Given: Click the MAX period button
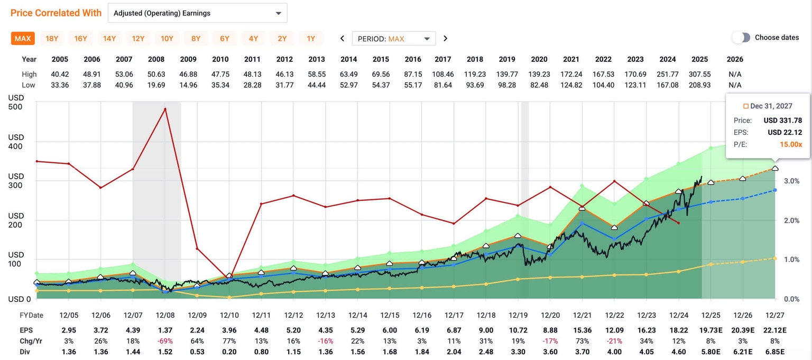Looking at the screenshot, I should pos(23,39).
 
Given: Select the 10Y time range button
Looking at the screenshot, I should pos(167,39).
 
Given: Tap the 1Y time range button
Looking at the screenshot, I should pos(311,39).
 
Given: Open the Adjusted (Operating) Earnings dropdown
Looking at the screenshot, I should pos(197,13).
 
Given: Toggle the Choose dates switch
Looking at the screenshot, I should pos(741,38).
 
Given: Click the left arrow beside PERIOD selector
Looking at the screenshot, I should pos(342,39).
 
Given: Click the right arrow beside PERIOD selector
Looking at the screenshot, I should pos(445,39).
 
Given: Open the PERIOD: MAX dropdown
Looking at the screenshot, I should pos(394,39).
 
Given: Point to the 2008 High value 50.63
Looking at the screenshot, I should pos(156,75).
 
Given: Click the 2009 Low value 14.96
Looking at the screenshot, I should pos(188,85).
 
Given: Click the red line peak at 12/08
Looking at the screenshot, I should pos(165,109).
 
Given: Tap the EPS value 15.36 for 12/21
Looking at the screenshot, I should pos(582,330).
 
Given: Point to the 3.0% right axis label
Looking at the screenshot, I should pos(791,181).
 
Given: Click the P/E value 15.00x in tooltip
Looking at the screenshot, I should pos(791,144).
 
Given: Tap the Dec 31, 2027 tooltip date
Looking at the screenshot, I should pos(771,106).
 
